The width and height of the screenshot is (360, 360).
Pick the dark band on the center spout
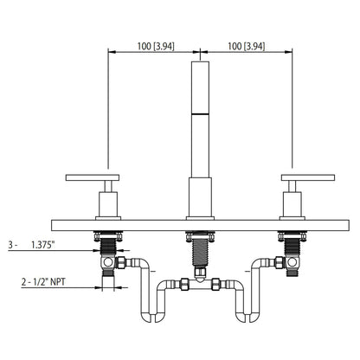coord(199,114)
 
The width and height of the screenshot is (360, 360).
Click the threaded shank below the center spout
coord(199,252)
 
